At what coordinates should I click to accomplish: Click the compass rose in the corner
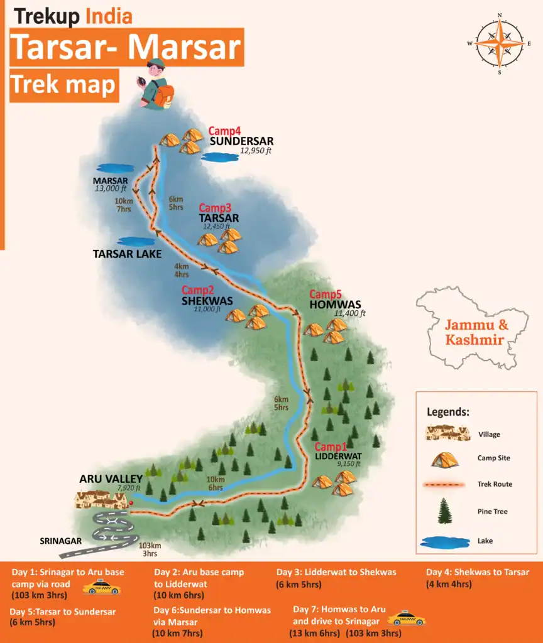[499, 43]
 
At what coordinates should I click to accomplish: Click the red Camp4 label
[225, 131]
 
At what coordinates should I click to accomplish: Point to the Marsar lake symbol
[115, 168]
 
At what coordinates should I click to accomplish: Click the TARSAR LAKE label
[128, 254]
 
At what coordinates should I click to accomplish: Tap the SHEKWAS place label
[207, 300]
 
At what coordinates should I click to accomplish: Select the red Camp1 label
[331, 446]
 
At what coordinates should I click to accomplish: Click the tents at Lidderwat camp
[334, 482]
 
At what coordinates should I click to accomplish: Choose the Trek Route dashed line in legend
[445, 484]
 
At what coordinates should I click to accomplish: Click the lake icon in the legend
[445, 541]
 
